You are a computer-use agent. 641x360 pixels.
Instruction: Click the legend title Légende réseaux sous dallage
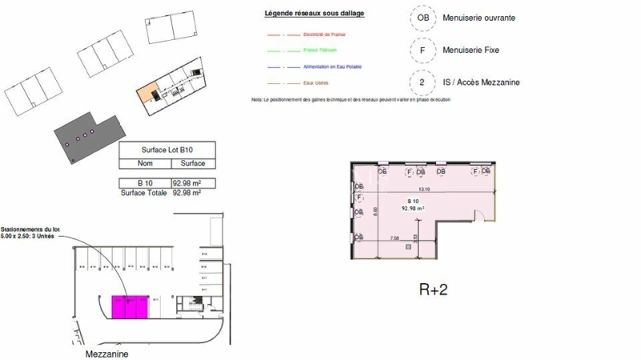tap(314, 14)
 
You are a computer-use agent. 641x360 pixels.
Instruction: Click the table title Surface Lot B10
tap(167, 150)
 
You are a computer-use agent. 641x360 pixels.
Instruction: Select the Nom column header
tap(144, 164)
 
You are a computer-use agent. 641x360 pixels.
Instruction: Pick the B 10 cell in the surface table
tap(144, 184)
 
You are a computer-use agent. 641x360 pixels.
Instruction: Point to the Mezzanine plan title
tap(107, 354)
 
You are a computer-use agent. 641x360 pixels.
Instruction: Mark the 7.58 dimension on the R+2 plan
tap(394, 238)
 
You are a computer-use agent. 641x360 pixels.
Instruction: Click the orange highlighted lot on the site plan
tap(145, 95)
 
